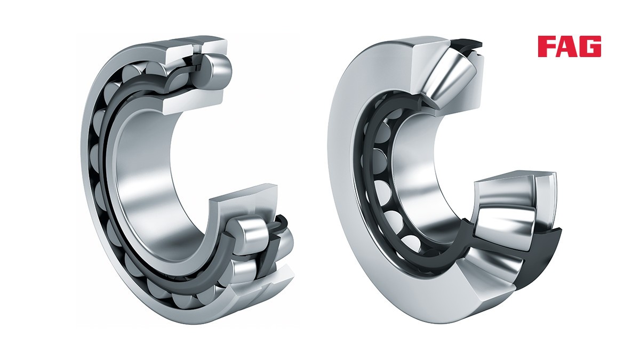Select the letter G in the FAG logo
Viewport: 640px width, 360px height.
click(591, 46)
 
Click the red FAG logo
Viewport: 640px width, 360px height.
click(570, 46)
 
